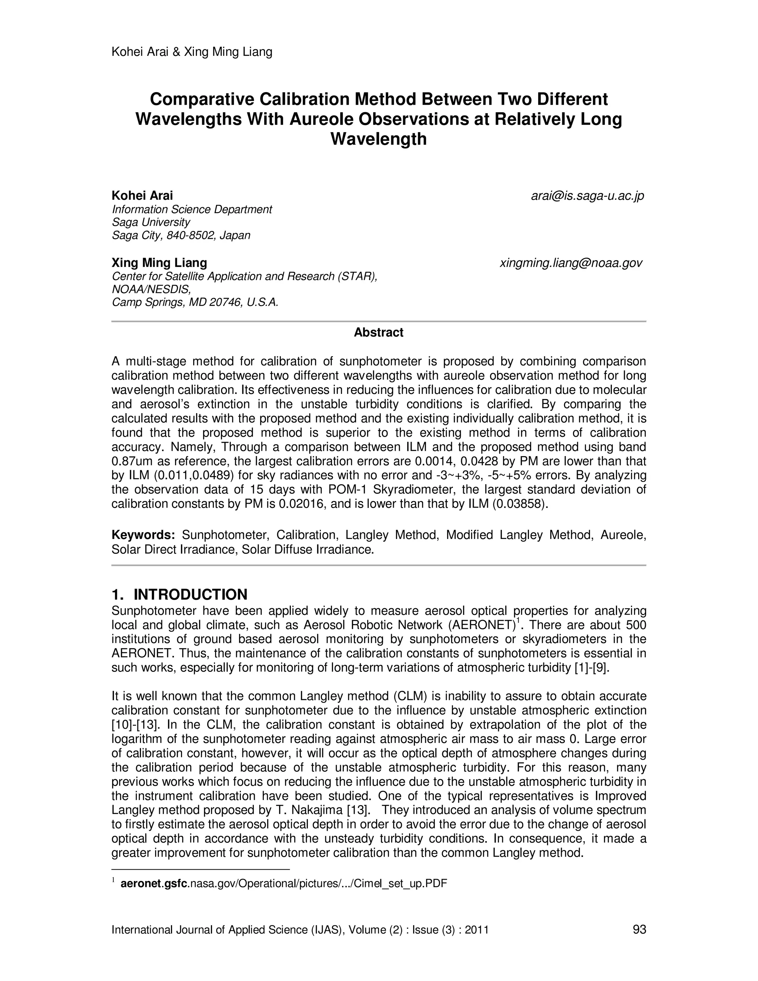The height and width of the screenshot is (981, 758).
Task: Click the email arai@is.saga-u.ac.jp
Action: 587,196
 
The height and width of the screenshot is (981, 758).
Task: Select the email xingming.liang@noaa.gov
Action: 571,263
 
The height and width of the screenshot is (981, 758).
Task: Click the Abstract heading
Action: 379,332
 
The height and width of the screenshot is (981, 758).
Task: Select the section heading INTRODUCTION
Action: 190,594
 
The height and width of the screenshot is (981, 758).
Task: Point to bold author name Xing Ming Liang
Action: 160,263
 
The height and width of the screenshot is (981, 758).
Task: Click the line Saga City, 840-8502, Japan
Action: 181,235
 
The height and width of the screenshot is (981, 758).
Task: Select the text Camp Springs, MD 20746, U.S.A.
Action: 195,302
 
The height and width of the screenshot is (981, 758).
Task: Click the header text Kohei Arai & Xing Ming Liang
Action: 192,52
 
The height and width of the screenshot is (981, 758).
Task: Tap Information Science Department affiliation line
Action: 192,209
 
